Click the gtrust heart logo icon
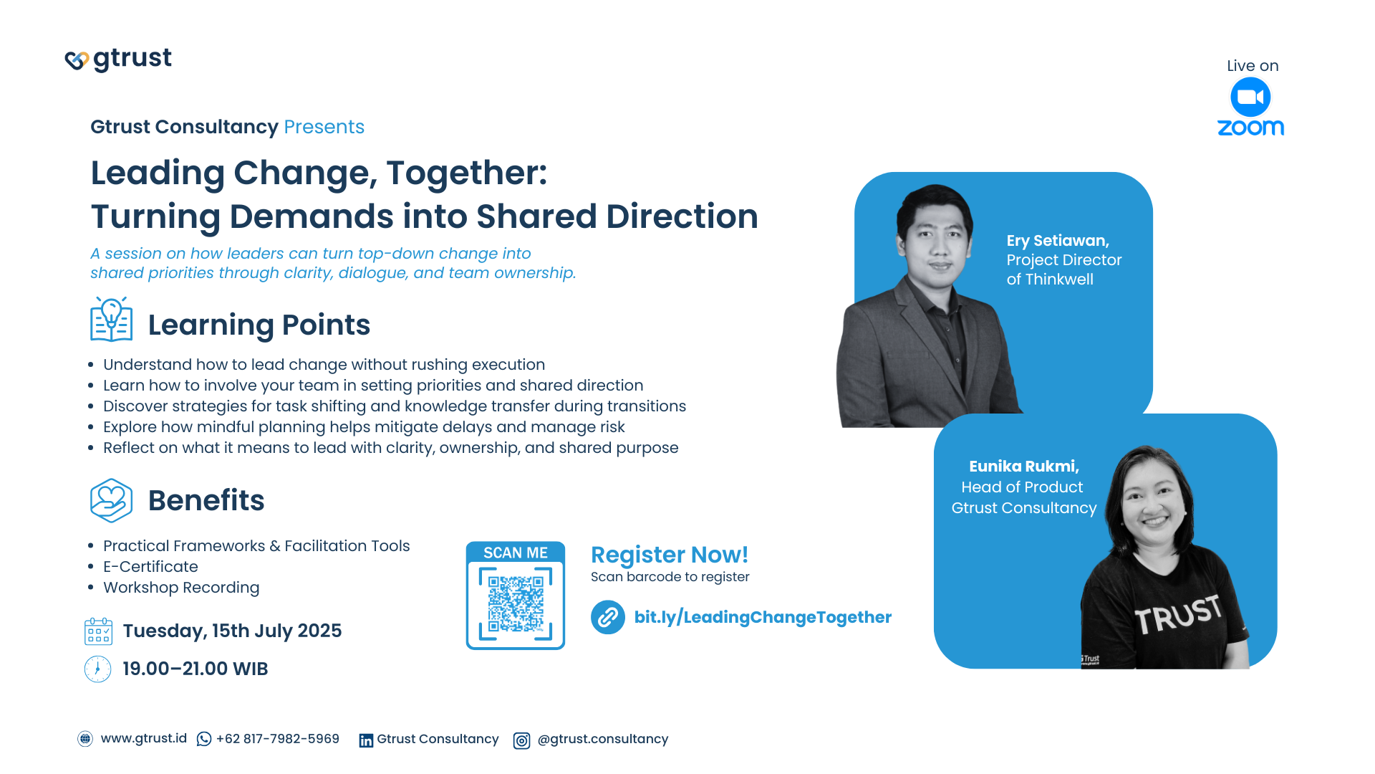coord(77,60)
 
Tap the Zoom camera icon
coord(1250,97)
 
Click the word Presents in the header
coord(324,127)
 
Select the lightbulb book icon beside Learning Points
coord(112,320)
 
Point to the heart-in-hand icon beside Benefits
coord(112,500)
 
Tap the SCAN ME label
coord(516,553)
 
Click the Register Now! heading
coord(670,555)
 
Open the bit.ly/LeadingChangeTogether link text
coord(763,617)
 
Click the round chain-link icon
coord(608,617)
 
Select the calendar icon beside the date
coord(98,631)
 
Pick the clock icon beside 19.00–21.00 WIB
coord(97,669)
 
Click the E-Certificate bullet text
coord(150,567)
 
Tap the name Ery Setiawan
coord(1058,241)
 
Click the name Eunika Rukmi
coord(1024,467)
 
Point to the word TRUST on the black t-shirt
coord(1178,615)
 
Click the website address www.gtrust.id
coord(144,739)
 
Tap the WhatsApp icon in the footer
coord(204,739)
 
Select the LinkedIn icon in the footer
coord(366,740)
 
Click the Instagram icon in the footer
coord(522,740)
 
